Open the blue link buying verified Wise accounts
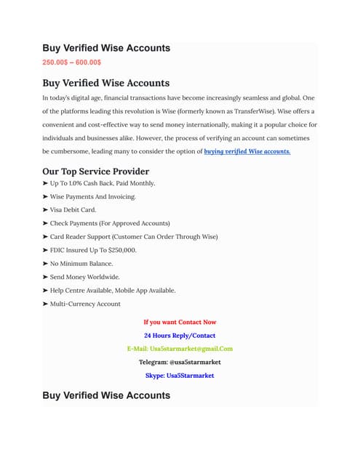[x=247, y=151]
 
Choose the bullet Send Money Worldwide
[x=85, y=277]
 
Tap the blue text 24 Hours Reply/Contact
[x=180, y=335]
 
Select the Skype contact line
[x=180, y=375]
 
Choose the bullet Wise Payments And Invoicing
[x=92, y=196]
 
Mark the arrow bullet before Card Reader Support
[x=46, y=237]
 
